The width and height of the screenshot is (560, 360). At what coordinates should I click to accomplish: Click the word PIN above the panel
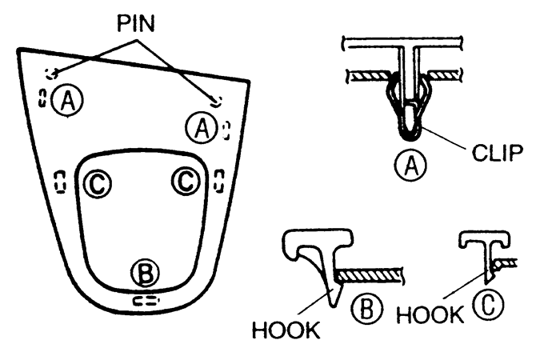pyautogui.click(x=136, y=24)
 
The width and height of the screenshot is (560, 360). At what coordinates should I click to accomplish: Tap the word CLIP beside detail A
pyautogui.click(x=498, y=153)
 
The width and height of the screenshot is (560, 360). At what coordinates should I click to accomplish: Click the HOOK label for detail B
pyautogui.click(x=286, y=330)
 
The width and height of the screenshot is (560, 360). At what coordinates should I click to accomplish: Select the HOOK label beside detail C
pyautogui.click(x=430, y=314)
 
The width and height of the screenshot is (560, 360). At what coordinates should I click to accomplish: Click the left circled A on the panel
pyautogui.click(x=67, y=100)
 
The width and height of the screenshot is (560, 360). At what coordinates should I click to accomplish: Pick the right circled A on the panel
pyautogui.click(x=202, y=127)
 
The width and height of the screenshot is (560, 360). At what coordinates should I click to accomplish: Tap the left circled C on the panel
pyautogui.click(x=97, y=184)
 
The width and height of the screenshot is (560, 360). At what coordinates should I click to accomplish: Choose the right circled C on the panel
pyautogui.click(x=186, y=181)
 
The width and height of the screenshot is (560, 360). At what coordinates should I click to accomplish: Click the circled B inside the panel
pyautogui.click(x=146, y=274)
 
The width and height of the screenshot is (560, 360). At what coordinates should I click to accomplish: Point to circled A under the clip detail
pyautogui.click(x=410, y=165)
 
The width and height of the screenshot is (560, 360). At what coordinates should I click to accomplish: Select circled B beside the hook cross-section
pyautogui.click(x=366, y=309)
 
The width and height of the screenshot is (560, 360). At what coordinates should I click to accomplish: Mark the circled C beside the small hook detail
pyautogui.click(x=489, y=305)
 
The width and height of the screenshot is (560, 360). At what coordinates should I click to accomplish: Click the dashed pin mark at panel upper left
pyautogui.click(x=51, y=74)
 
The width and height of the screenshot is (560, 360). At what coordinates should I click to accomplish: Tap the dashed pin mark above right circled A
pyautogui.click(x=217, y=102)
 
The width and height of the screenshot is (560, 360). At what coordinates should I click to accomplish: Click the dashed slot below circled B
pyautogui.click(x=146, y=300)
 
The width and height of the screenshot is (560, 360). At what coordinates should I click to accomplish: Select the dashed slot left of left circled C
pyautogui.click(x=60, y=182)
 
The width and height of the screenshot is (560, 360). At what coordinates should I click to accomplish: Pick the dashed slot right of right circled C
pyautogui.click(x=219, y=181)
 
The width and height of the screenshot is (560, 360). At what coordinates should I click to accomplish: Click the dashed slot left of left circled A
pyautogui.click(x=42, y=98)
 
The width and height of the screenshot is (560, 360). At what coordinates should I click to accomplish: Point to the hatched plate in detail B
pyautogui.click(x=370, y=275)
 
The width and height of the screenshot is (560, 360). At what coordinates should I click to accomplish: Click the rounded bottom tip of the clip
pyautogui.click(x=410, y=137)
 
